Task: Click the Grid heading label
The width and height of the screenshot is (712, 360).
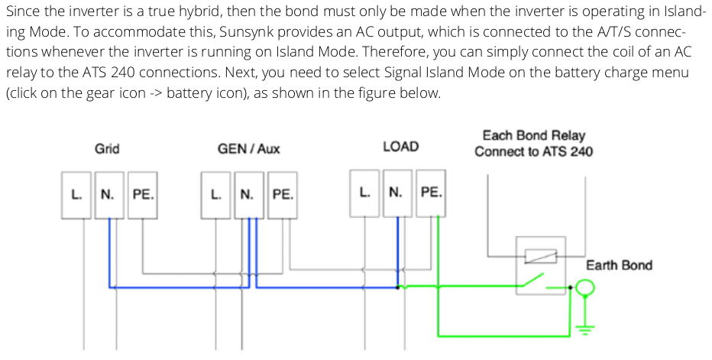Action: tap(107, 148)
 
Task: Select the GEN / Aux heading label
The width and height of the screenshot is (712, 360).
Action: tap(249, 148)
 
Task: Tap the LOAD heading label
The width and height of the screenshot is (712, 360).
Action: tap(400, 146)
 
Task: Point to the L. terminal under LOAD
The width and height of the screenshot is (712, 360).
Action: tap(366, 192)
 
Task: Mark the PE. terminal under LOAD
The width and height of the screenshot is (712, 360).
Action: tap(431, 192)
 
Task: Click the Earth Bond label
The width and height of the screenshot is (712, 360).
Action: tap(619, 265)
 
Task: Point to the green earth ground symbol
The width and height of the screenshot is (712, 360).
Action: tap(585, 327)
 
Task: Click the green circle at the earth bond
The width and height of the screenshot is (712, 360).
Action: tap(585, 289)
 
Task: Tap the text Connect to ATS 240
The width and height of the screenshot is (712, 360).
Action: tap(533, 151)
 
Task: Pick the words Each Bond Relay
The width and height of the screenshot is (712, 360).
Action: tap(533, 135)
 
